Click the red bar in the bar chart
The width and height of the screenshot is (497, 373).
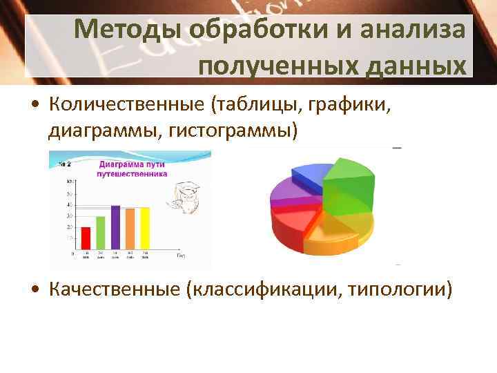(x=86, y=238)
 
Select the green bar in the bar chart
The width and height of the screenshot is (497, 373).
(x=101, y=232)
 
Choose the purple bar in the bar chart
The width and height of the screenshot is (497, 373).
(x=115, y=227)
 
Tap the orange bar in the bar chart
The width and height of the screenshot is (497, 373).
(x=130, y=228)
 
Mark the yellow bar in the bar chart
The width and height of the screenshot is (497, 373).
(x=145, y=228)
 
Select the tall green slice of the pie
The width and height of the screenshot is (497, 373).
(x=349, y=183)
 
